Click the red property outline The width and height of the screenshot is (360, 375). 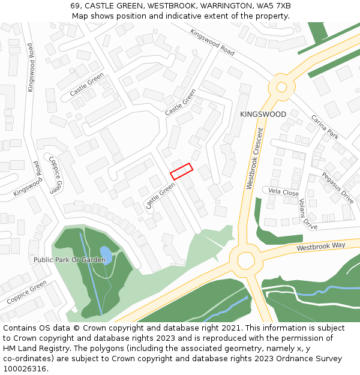tap(181, 171)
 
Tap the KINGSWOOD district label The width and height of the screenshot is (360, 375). tap(263, 114)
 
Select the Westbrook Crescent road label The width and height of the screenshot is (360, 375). tap(255, 158)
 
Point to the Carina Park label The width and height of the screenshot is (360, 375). tap(325, 127)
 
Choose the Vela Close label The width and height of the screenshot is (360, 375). tap(283, 193)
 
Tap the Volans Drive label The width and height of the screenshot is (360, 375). tap(308, 214)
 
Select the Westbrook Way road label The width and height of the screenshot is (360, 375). tap(321, 247)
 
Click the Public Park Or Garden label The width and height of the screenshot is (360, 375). tap(70, 260)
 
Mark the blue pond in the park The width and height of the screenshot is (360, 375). tap(106, 254)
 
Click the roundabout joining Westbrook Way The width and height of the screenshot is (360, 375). tap(245, 260)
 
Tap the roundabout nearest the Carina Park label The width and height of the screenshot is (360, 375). tap(280, 86)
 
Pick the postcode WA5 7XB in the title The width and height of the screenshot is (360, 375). tap(274, 6)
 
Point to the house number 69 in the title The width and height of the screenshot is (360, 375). tap(75, 6)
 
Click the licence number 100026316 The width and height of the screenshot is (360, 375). tap(26, 369)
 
